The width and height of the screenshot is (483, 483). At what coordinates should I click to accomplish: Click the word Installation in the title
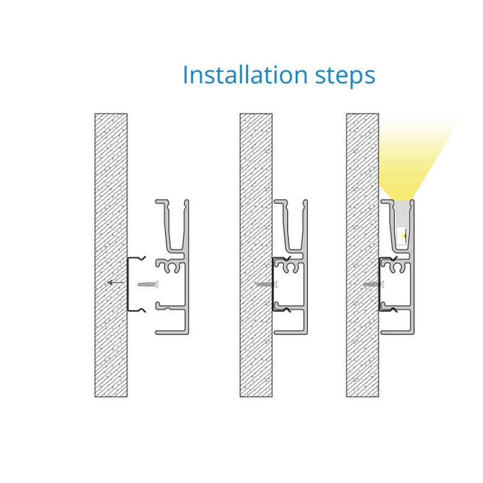coord(245,75)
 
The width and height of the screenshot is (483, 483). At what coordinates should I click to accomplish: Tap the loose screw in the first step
coord(148,284)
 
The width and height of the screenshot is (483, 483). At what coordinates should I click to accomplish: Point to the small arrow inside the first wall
coord(115,283)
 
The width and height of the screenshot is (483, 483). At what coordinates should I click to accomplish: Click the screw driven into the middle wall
coord(266,284)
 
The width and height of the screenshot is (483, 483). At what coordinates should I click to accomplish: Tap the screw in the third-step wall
coord(373,284)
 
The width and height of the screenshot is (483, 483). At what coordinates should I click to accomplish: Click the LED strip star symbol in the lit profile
coord(403,235)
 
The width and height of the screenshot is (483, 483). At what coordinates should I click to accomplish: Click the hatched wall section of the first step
coord(111,255)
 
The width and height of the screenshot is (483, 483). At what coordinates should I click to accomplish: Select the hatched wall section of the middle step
coord(256,255)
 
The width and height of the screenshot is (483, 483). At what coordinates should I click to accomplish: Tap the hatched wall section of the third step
coord(363,255)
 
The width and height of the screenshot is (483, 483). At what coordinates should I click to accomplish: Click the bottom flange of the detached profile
coord(171,332)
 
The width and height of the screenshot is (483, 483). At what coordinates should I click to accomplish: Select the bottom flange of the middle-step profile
coord(290,332)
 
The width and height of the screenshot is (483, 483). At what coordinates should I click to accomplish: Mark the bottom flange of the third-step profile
coord(397,332)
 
